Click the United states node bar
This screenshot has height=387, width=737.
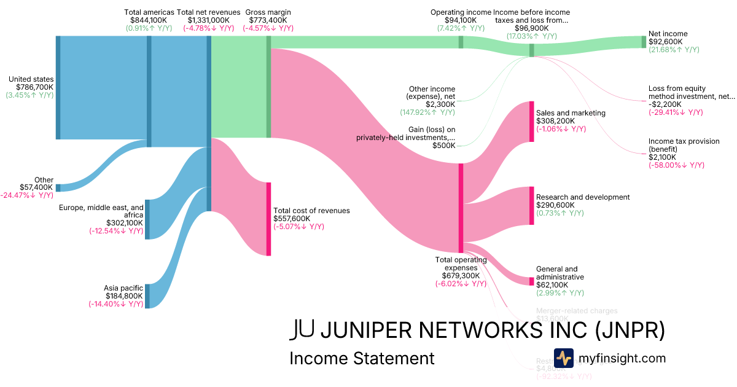(x=58, y=87)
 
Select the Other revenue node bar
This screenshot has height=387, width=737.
(x=58, y=187)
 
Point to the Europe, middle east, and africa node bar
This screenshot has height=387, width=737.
(x=147, y=219)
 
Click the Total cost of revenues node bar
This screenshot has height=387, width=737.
(x=268, y=219)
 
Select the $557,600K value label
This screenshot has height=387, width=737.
(x=292, y=219)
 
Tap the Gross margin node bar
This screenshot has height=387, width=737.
(x=268, y=87)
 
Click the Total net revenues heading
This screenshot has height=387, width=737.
(x=208, y=12)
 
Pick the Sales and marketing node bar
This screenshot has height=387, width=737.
(x=532, y=121)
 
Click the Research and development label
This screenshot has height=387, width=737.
(x=583, y=197)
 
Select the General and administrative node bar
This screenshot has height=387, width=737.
(x=532, y=281)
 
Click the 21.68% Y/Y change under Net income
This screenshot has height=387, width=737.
(x=674, y=50)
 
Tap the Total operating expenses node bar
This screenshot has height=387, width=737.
(x=461, y=208)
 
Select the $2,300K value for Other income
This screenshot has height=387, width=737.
(x=441, y=104)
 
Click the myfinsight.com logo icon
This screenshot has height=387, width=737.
(x=564, y=358)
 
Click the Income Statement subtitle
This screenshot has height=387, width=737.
(x=362, y=358)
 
